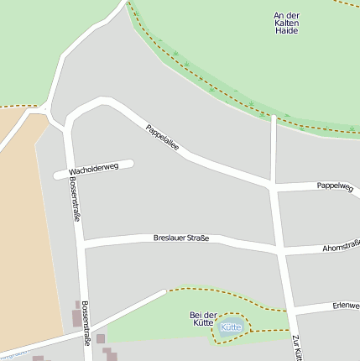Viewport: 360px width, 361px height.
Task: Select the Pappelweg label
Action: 335,186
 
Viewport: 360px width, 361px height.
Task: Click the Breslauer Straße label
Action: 180,238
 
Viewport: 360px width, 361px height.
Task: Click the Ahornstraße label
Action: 341,247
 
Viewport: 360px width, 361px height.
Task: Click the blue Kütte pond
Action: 231,327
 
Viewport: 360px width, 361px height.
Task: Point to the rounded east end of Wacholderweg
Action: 129,165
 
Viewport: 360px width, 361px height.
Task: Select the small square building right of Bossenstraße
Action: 101,338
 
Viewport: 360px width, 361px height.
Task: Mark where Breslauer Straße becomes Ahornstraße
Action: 280,249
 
